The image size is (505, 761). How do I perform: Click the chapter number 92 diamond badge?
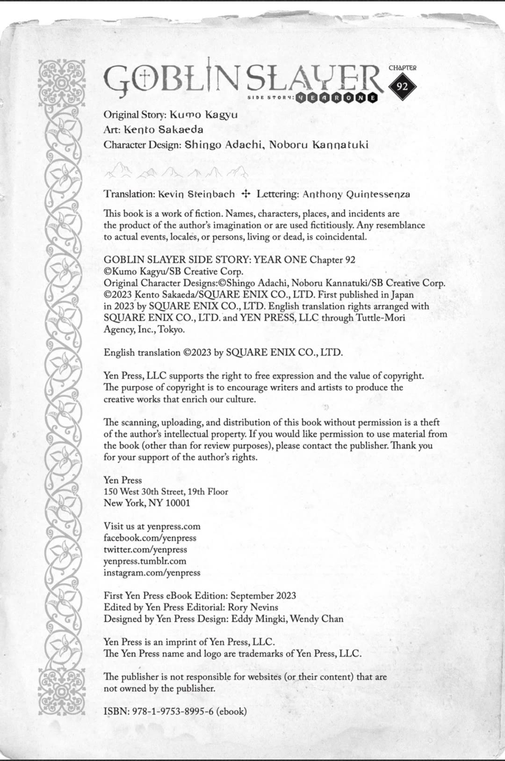(x=402, y=87)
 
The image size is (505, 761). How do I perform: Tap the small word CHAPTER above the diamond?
(x=402, y=68)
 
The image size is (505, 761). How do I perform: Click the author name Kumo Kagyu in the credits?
(x=203, y=115)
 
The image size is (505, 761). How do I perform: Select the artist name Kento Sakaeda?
(x=163, y=130)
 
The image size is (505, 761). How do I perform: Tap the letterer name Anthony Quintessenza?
(x=356, y=194)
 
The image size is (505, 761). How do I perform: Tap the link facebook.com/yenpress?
(x=150, y=538)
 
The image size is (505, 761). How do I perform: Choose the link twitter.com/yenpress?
(x=145, y=549)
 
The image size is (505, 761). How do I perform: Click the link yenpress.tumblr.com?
(x=145, y=561)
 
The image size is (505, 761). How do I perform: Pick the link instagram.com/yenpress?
(x=152, y=572)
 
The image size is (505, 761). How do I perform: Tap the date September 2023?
(x=263, y=595)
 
